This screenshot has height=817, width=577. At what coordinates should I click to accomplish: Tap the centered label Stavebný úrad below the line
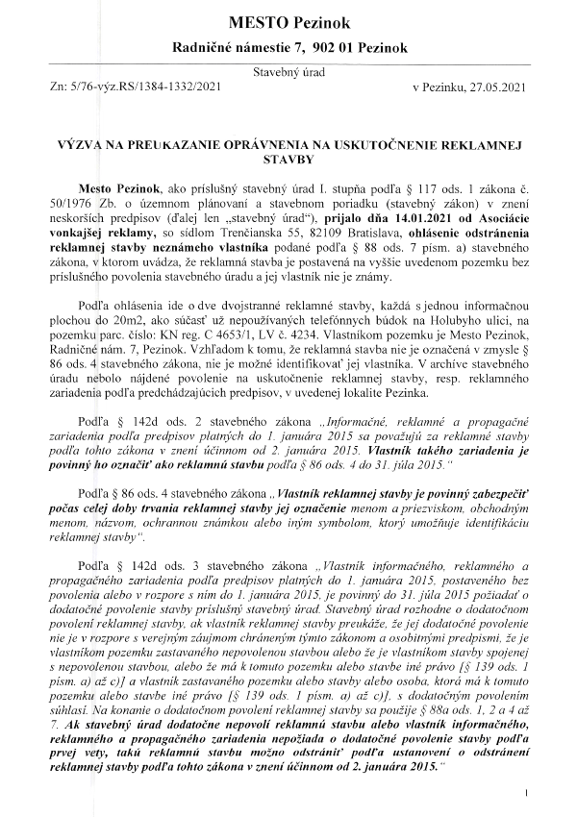(288, 72)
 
